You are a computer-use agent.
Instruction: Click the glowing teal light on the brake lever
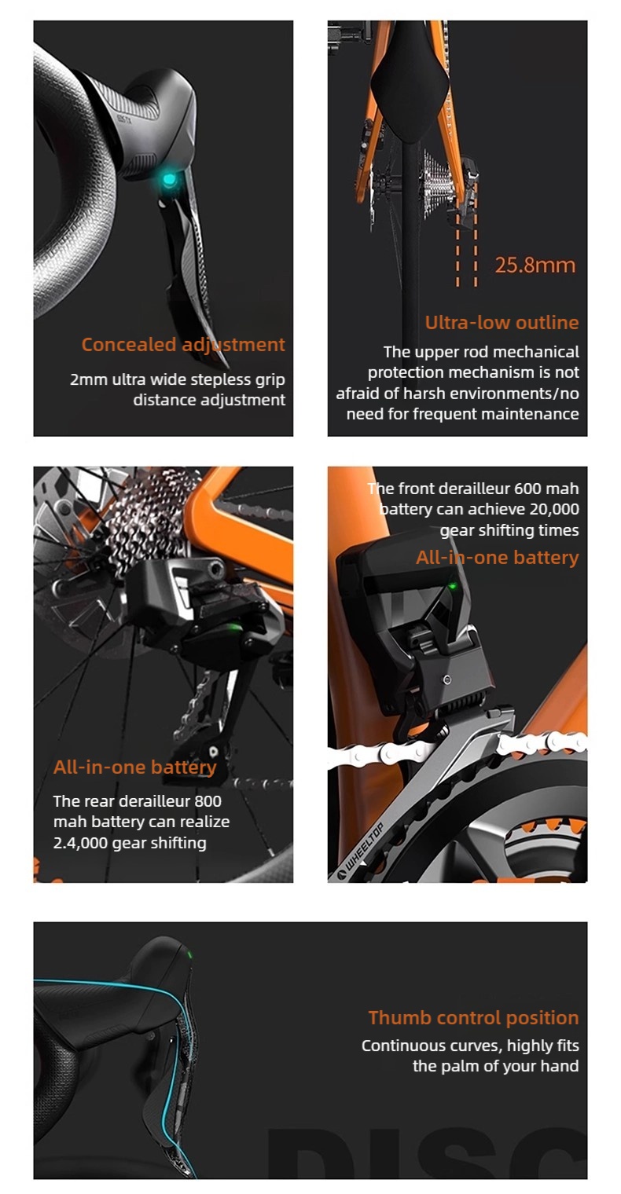tap(169, 180)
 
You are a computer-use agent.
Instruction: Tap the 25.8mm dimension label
tap(535, 265)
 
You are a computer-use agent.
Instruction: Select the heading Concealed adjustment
tap(183, 344)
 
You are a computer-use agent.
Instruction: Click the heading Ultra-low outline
tap(502, 322)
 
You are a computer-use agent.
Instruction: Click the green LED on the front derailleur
tap(453, 586)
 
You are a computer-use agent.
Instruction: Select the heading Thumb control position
tap(473, 1017)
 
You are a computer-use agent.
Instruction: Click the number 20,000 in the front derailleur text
tap(554, 509)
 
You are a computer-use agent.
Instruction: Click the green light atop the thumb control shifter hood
tap(189, 954)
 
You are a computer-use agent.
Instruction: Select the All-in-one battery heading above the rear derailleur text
tap(135, 767)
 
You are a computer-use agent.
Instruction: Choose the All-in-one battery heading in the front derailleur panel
tap(498, 557)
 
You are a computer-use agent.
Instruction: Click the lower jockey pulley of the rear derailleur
tap(213, 752)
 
